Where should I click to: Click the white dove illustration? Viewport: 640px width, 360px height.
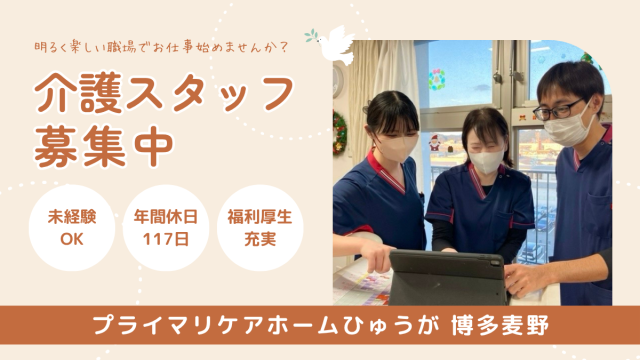(333, 45)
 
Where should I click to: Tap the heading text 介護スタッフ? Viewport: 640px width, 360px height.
(164, 93)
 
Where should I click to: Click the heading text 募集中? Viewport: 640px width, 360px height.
(104, 147)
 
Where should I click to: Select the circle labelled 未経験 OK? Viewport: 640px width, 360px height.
(72, 228)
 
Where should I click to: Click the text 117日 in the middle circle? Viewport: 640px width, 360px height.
(166, 239)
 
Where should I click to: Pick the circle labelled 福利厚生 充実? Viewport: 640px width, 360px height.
(260, 228)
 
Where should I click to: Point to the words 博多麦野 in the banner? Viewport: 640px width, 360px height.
(500, 325)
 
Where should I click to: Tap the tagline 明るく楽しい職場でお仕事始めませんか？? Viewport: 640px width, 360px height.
(162, 47)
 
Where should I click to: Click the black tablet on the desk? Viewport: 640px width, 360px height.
(447, 278)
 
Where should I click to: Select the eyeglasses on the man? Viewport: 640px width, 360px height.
(558, 109)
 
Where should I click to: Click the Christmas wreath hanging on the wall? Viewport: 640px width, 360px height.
(340, 133)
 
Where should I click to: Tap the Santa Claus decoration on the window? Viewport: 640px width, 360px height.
(435, 143)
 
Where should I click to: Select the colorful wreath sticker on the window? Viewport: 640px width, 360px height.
(437, 80)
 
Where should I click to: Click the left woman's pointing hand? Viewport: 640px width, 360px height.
(377, 256)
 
